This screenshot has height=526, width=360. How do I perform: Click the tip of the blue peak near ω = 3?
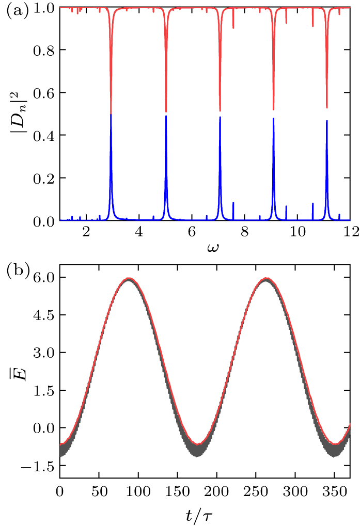[x=111, y=115]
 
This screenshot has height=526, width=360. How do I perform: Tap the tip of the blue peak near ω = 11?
[x=327, y=120]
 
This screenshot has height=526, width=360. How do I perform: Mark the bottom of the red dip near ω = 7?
[x=220, y=110]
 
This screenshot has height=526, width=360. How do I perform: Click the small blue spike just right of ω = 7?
[x=233, y=202]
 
